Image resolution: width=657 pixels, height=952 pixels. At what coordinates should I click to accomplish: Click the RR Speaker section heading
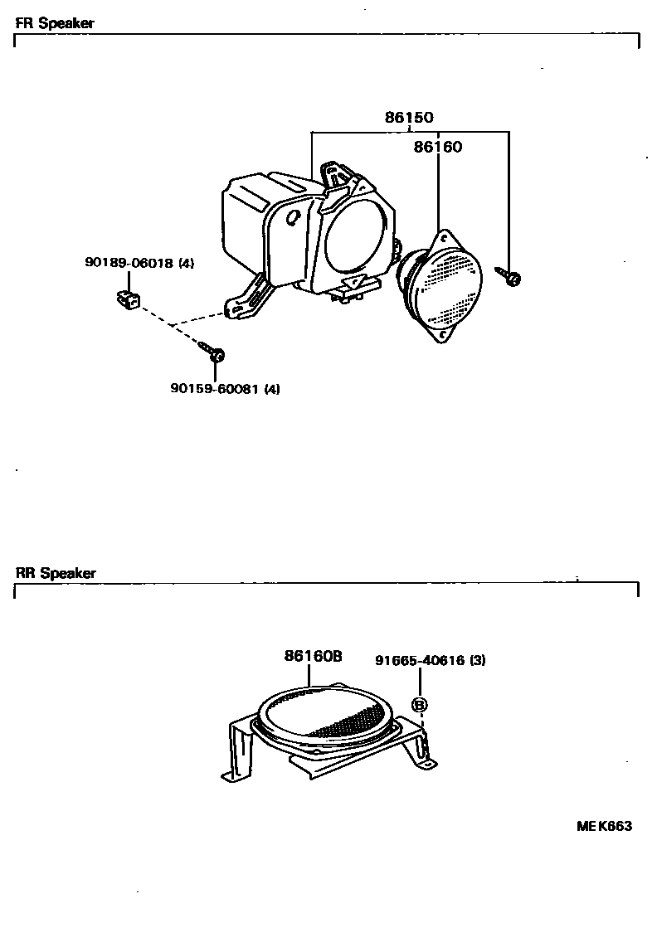coord(56,573)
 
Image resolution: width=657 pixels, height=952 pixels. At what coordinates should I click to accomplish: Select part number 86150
coord(409,119)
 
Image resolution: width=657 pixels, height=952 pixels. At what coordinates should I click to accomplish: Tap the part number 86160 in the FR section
coord(437,148)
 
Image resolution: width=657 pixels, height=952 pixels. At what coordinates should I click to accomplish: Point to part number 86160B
coord(313,656)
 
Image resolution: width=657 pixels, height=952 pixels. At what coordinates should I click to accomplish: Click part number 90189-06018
coord(129,263)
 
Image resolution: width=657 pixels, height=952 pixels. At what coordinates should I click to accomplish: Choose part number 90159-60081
coord(214,387)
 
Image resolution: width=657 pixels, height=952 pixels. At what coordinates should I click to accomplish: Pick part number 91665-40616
coord(420,661)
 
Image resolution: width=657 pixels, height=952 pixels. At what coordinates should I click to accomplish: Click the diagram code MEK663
coord(605,826)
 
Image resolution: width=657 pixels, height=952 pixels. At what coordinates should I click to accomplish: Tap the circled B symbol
coord(420,705)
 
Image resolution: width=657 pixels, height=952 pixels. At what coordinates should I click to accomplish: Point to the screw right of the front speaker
coord(509,275)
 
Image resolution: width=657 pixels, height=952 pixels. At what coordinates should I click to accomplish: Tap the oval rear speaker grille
coord(325,712)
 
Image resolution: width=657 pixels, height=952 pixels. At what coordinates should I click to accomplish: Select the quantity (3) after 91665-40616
coord(477,661)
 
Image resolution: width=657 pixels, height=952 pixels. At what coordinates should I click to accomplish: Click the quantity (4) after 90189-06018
coord(186,263)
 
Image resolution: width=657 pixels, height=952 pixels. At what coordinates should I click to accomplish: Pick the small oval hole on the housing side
coord(292,216)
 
